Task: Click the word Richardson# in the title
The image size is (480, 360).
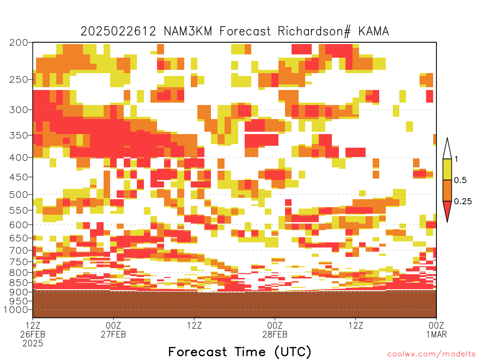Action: coord(314,31)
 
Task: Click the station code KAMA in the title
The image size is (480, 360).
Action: coord(374,31)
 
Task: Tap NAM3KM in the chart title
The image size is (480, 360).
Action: coord(187,31)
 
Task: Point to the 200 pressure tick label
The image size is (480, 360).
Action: coord(19,43)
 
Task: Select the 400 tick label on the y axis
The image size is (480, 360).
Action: coord(19,157)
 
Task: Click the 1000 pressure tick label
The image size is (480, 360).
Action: coord(16,310)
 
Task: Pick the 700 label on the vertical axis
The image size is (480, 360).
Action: coord(19,251)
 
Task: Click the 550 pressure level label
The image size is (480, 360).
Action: coord(19,210)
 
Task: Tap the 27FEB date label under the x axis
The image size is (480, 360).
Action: coord(113,335)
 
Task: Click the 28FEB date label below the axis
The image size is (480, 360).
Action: coord(275,335)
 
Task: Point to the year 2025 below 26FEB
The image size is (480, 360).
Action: coord(33,344)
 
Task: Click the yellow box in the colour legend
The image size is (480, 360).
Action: coord(447,169)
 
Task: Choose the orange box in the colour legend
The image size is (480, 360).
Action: coord(447,190)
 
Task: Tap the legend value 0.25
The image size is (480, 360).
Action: coord(463,202)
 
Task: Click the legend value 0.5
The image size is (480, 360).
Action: coord(460,180)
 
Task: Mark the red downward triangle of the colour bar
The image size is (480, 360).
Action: coord(447,210)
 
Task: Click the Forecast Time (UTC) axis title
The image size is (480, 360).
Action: coord(240,352)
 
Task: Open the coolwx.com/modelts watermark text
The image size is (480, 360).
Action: coord(431,354)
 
